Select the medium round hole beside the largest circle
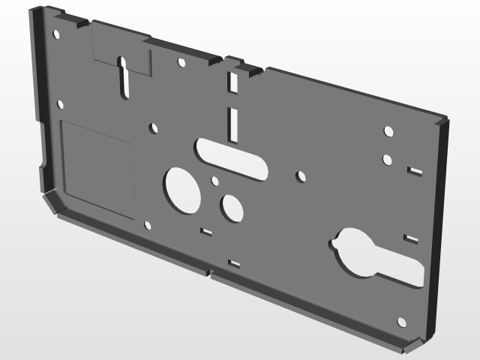point(232,208)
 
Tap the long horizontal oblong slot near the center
point(230,157)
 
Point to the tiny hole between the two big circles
point(215,181)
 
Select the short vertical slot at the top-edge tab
point(232,82)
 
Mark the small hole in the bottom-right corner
point(401,322)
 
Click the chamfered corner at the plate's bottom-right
point(409,345)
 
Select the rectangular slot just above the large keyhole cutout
point(410,240)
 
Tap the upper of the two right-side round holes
point(388,131)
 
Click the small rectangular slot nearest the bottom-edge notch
point(234,263)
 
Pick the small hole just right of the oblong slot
point(301,177)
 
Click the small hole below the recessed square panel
point(148,225)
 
